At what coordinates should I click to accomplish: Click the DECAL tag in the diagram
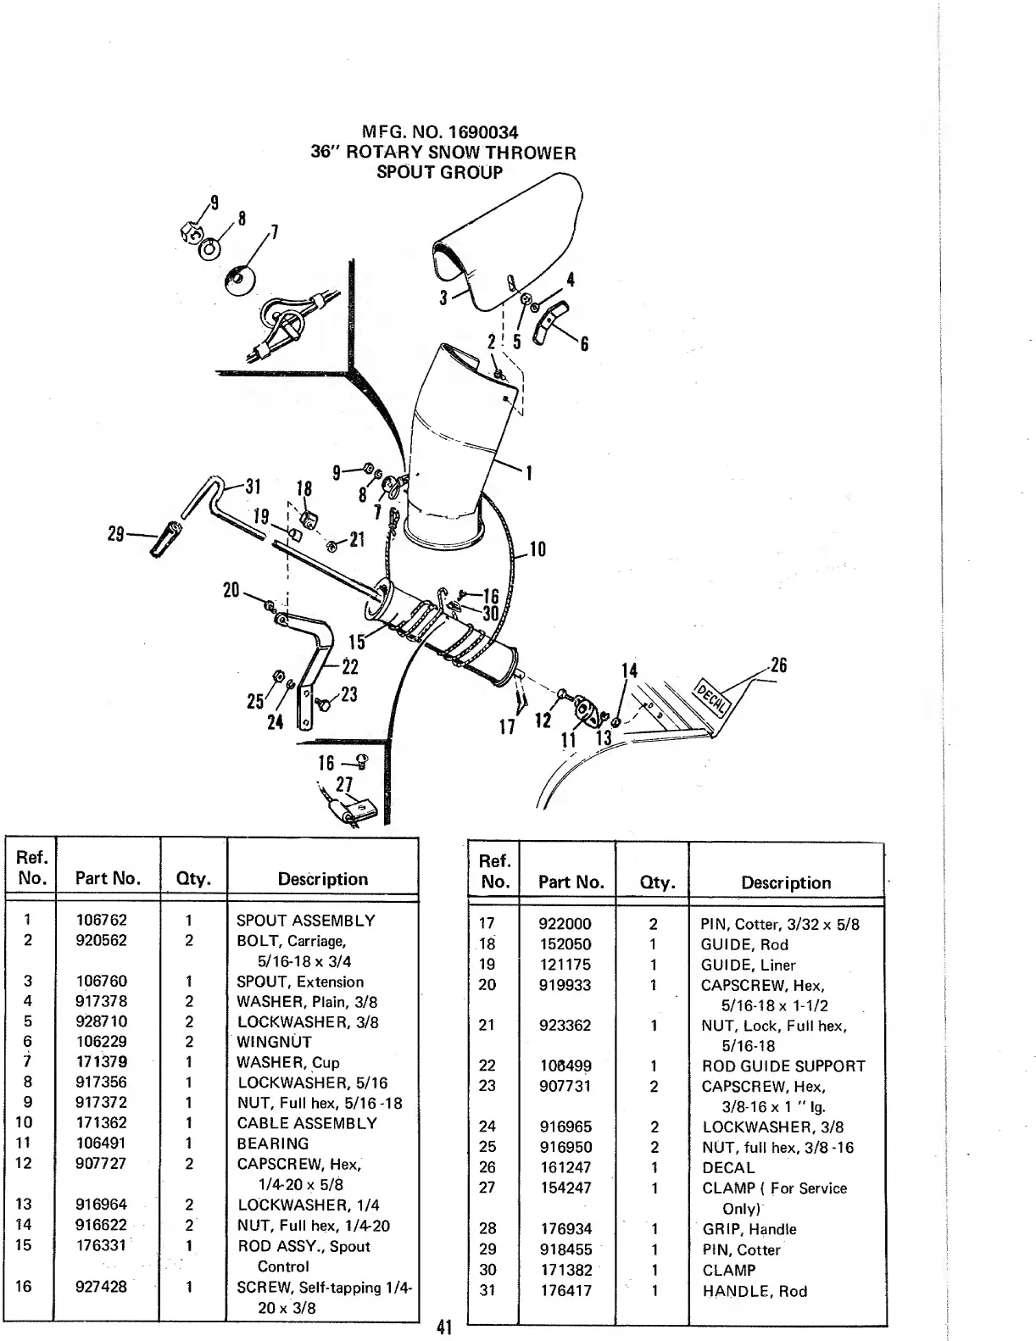(710, 698)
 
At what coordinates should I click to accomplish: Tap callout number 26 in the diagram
(777, 665)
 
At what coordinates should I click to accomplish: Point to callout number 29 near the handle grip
(116, 534)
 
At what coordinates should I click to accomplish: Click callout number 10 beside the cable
(537, 550)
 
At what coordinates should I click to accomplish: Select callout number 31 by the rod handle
(253, 487)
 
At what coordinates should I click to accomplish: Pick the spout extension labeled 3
(509, 246)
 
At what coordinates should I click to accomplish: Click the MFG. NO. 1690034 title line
(439, 133)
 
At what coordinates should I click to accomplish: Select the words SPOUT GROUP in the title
(439, 172)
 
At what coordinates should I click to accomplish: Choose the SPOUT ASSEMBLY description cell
(305, 921)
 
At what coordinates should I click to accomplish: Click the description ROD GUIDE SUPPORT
(783, 1066)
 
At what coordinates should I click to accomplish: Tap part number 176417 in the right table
(565, 1291)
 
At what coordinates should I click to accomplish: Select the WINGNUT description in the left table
(274, 1043)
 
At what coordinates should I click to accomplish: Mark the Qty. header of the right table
(651, 883)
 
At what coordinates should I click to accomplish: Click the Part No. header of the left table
(108, 879)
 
